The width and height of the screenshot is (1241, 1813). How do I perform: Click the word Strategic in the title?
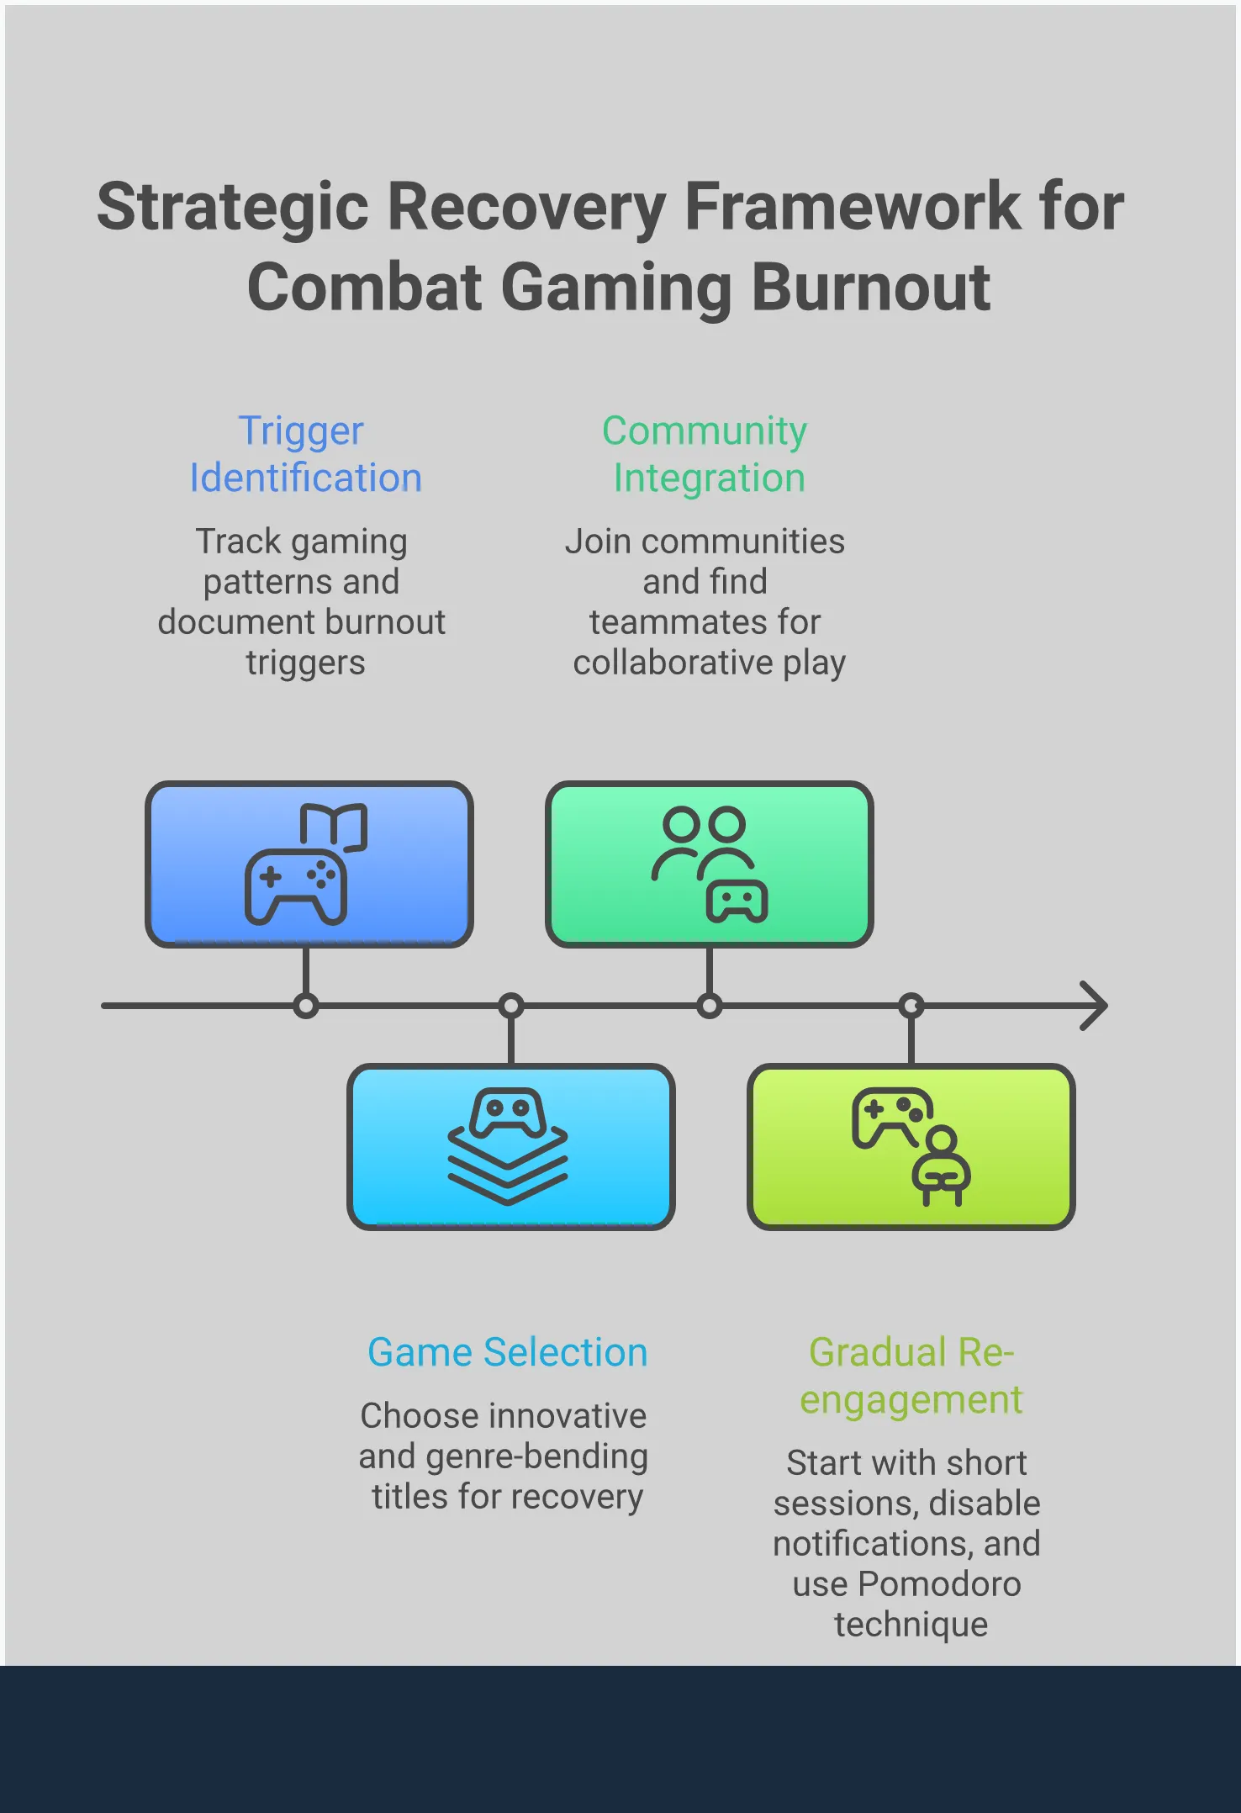point(233,207)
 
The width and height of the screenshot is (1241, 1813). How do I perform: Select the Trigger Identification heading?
point(304,454)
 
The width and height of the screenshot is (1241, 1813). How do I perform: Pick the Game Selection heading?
point(508,1352)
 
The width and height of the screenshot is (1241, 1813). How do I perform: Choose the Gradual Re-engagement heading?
point(911,1376)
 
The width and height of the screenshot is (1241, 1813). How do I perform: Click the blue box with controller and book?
point(309,864)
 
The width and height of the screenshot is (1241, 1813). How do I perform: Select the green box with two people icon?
point(710,864)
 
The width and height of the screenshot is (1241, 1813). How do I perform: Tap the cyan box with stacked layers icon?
point(511,1147)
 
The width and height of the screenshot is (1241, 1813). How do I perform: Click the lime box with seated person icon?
point(911,1147)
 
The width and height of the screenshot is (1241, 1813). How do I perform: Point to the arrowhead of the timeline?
point(1095,1006)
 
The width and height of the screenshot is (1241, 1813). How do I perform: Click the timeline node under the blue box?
point(306,1006)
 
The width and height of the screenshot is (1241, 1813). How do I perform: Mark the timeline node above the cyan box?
point(511,1006)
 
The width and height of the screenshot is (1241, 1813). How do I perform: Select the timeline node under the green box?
point(710,1006)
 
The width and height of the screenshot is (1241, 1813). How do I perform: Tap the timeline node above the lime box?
point(911,1006)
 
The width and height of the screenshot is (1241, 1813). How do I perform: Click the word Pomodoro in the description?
point(939,1584)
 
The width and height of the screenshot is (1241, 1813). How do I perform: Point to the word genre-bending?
point(536,1456)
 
